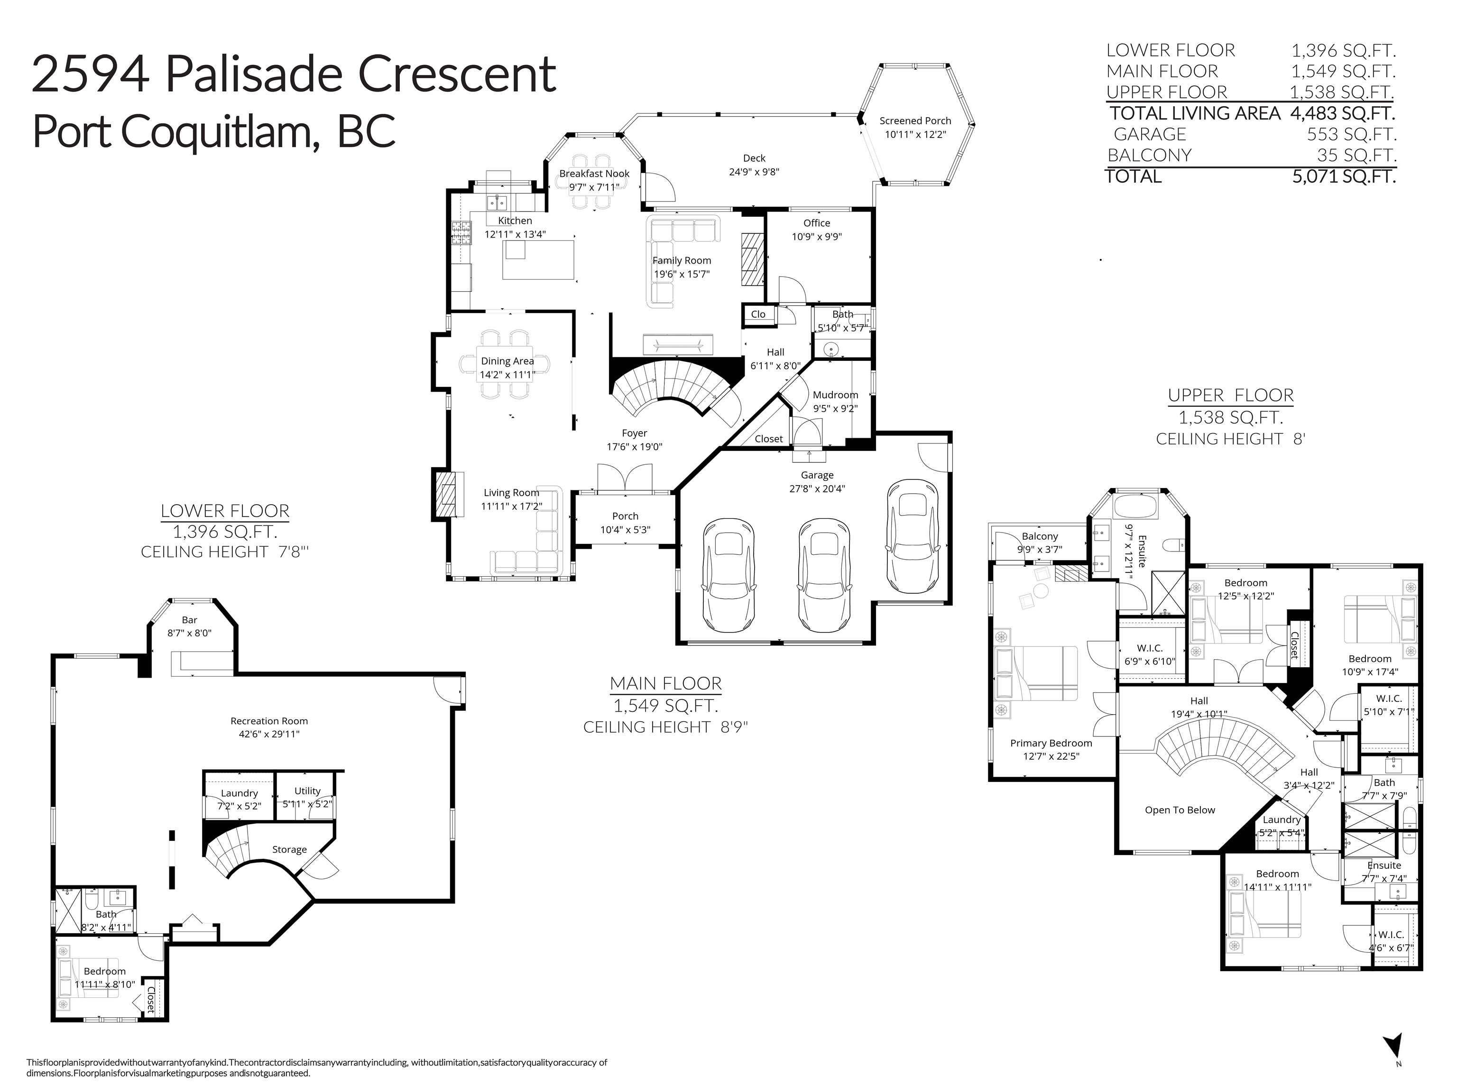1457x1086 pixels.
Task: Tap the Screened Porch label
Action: [x=915, y=121]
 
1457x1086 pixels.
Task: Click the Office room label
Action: [x=817, y=223]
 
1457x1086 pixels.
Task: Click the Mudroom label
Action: [x=835, y=395]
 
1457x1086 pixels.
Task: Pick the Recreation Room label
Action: [x=269, y=720]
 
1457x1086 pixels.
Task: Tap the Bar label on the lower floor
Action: [x=189, y=619]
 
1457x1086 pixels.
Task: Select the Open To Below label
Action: [x=1180, y=810]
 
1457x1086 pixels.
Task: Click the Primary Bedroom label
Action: [x=1051, y=743]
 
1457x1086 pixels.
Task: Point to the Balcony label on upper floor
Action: [x=1040, y=536]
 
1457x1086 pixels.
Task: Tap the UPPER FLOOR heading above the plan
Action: [x=1230, y=395]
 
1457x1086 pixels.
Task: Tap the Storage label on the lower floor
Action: [x=289, y=849]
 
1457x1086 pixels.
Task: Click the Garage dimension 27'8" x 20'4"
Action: [x=817, y=488]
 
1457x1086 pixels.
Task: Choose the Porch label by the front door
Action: [x=625, y=516]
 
